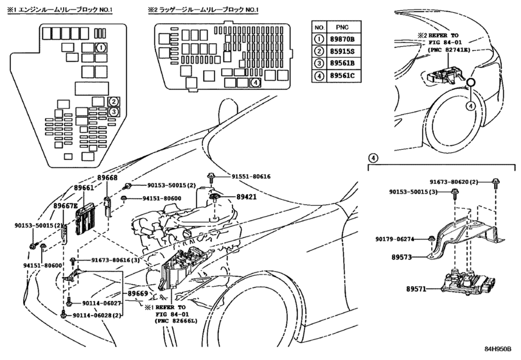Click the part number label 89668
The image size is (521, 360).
click(x=108, y=178)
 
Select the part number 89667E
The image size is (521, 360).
click(x=64, y=206)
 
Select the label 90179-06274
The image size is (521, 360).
click(x=399, y=239)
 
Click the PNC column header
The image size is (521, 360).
click(x=341, y=28)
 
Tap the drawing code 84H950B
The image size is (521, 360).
click(x=497, y=351)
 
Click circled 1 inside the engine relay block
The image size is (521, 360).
click(x=101, y=48)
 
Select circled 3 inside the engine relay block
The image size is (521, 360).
click(x=113, y=112)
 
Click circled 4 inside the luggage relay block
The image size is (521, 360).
click(x=255, y=82)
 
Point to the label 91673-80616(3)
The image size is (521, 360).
click(x=114, y=260)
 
